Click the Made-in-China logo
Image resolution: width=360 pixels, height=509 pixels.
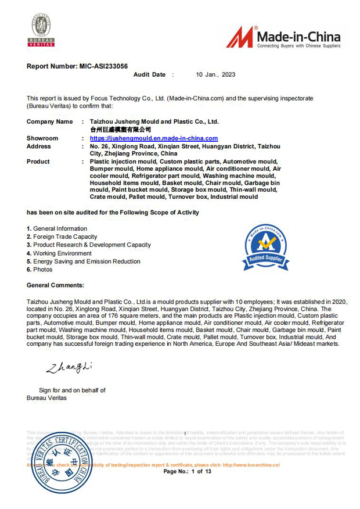pyautogui.click(x=283, y=37)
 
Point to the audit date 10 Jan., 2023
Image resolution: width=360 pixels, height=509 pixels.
pyautogui.click(x=215, y=75)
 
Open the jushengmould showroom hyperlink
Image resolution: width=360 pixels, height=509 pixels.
pyautogui.click(x=154, y=138)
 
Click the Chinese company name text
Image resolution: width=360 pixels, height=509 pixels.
pyautogui.click(x=120, y=130)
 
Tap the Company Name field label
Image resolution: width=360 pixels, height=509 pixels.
pyautogui.click(x=50, y=122)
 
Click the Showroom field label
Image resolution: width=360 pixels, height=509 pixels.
pyautogui.click(x=42, y=138)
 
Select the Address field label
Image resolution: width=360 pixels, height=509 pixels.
pyautogui.click(x=39, y=146)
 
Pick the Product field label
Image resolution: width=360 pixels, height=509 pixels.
pyautogui.click(x=38, y=162)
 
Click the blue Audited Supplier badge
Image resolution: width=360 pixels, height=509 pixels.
pyautogui.click(x=266, y=246)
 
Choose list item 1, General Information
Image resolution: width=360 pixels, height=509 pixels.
pyautogui.click(x=57, y=229)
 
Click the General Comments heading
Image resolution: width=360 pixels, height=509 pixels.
pyautogui.click(x=55, y=285)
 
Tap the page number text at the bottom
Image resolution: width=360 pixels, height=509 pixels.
pyautogui.click(x=187, y=472)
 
